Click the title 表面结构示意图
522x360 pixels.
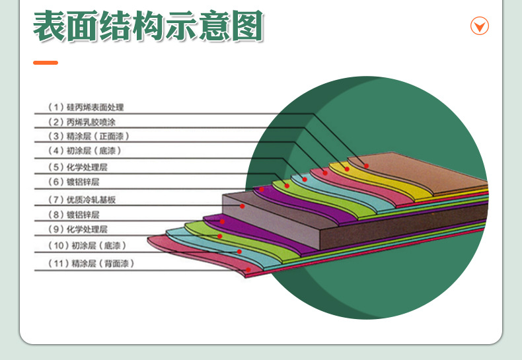coord(148,28)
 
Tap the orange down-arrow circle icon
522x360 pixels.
coord(479,26)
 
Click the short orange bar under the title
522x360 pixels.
coord(46,63)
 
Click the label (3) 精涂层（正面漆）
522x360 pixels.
coord(89,137)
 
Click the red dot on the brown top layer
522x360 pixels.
coord(366,165)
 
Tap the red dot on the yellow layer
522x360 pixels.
coord(346,169)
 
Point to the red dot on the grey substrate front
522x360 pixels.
coord(242,206)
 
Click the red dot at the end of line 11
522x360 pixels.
coord(248,270)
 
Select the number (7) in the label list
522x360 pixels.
coord(56,199)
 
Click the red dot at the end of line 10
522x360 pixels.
coord(240,252)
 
